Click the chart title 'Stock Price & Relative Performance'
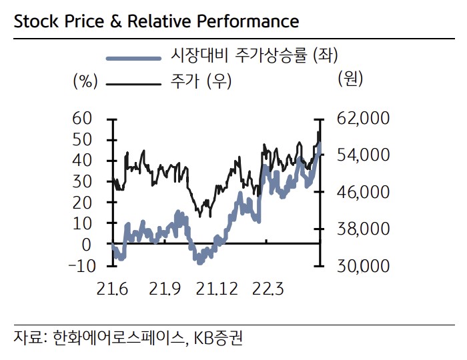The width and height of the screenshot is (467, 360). [156, 21]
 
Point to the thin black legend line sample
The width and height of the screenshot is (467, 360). [133, 83]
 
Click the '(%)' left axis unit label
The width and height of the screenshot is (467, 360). [85, 82]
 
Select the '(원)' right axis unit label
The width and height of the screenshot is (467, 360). [350, 79]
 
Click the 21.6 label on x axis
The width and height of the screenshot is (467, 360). [113, 289]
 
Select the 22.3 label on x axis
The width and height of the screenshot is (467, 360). [267, 289]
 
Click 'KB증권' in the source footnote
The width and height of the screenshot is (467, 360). [219, 338]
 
